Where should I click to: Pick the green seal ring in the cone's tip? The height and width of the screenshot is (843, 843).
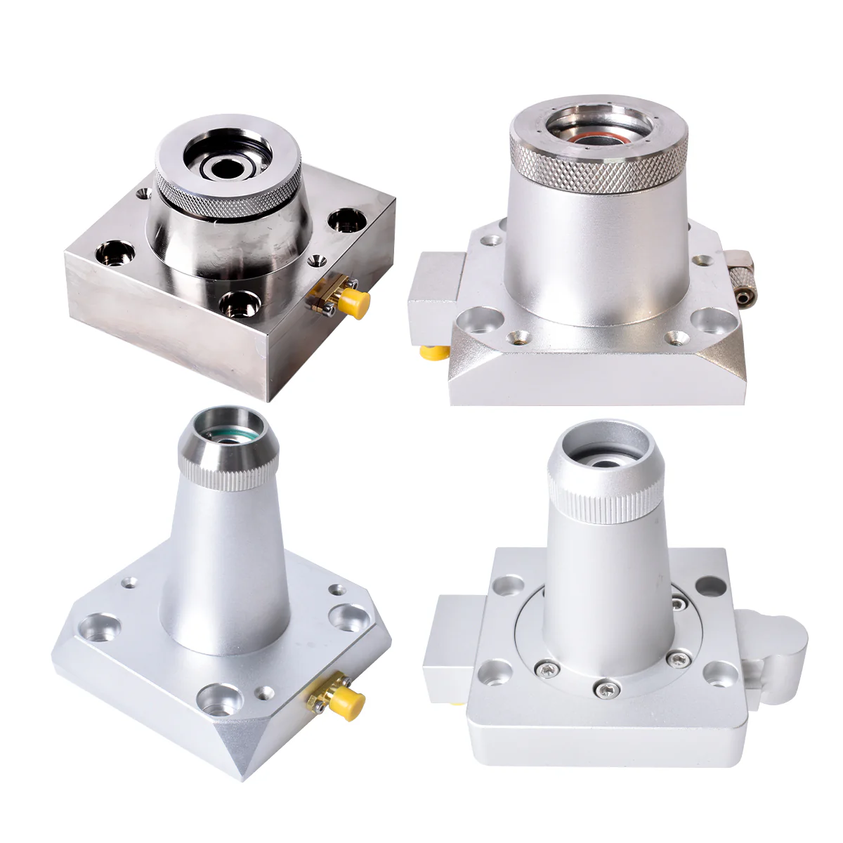(223, 437)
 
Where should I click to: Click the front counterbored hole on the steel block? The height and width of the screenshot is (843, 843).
(235, 304)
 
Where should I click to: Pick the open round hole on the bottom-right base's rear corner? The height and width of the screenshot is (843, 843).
(709, 583)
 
